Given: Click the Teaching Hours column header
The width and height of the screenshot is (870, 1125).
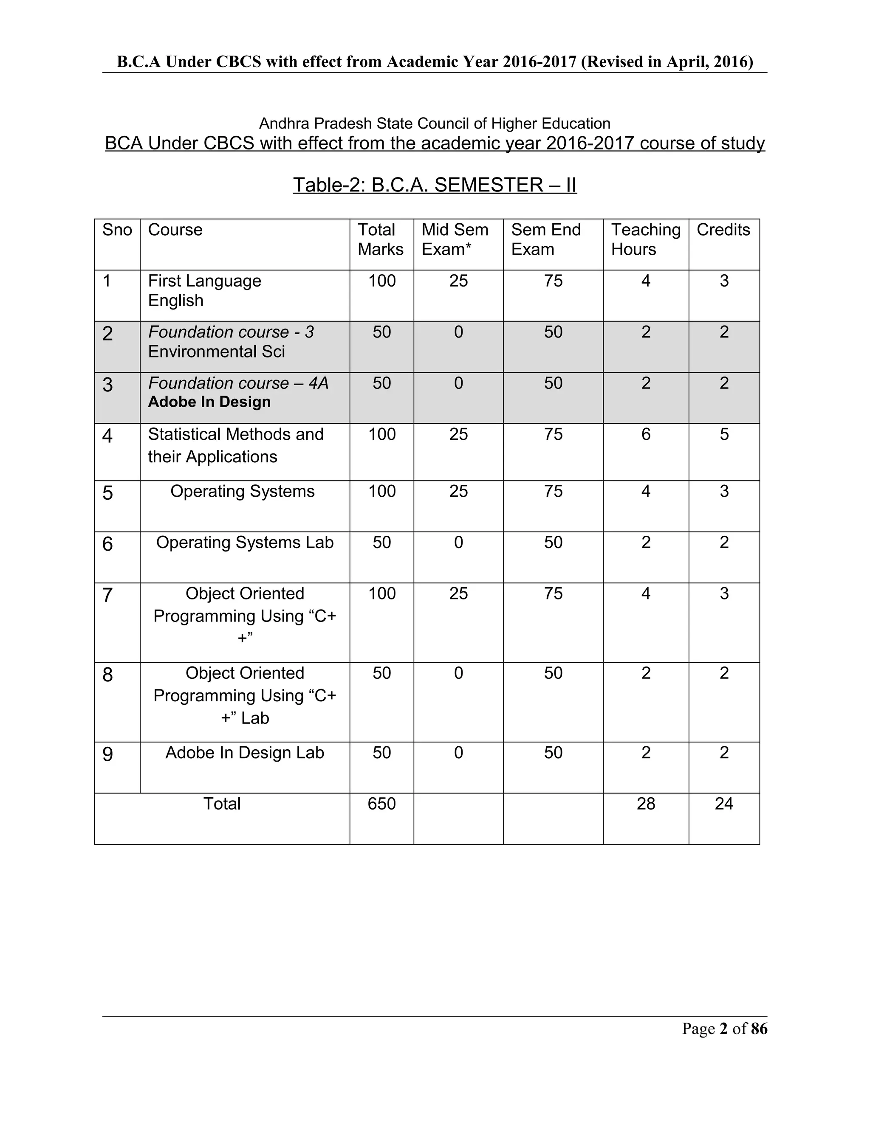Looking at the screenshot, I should [645, 239].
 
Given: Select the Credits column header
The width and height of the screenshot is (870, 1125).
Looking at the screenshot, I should [723, 230].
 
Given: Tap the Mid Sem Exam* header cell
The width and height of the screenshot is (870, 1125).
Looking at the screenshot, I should [455, 239].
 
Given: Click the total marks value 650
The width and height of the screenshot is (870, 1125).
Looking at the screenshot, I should [381, 804].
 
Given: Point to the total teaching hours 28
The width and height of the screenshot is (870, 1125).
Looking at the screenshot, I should [645, 804].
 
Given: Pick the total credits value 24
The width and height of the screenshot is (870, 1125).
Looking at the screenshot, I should [723, 804].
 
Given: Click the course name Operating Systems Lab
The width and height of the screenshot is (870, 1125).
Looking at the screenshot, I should [244, 543].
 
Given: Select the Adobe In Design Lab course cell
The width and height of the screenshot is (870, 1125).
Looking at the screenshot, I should [244, 753].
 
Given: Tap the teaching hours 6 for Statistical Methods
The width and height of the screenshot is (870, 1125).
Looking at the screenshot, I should [645, 434].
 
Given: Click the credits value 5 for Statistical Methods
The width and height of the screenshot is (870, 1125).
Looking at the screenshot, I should [723, 434].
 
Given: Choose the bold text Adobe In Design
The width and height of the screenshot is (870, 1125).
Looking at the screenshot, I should [209, 402].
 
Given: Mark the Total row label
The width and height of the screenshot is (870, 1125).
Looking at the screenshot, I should [222, 804].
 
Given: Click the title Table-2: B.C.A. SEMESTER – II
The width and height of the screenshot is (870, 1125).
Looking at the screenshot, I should [435, 185].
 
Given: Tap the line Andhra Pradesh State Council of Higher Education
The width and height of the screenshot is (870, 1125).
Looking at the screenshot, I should [435, 124].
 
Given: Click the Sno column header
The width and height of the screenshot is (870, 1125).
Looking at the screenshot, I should [117, 230].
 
